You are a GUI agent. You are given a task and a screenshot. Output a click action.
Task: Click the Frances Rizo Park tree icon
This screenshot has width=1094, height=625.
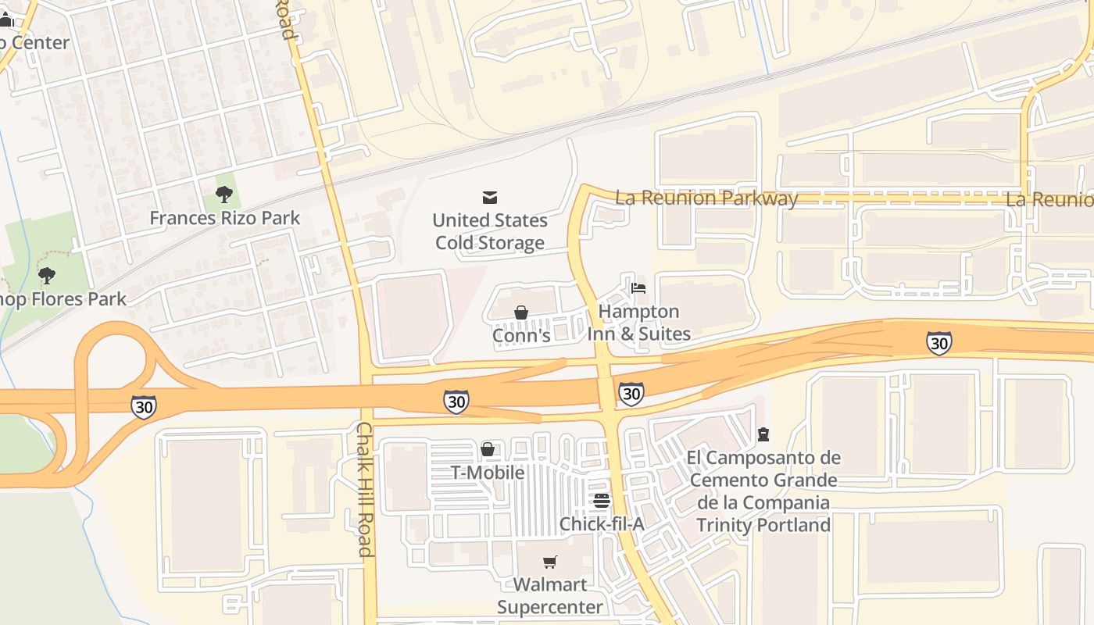tap(224, 194)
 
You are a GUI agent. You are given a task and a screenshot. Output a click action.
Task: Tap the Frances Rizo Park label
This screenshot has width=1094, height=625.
tap(224, 218)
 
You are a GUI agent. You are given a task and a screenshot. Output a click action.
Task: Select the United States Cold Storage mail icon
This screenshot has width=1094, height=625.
tap(490, 198)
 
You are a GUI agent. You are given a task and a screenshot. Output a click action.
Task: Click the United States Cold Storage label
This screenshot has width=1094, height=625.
tap(490, 231)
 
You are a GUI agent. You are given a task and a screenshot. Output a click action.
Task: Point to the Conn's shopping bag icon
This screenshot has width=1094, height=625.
tap(521, 312)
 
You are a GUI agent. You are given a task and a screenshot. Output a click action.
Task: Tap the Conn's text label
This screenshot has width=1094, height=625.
tap(521, 336)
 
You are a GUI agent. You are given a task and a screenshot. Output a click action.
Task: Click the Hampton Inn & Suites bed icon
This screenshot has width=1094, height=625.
tap(638, 287)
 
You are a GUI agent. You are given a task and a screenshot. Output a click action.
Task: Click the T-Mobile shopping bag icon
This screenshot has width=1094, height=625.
tap(488, 449)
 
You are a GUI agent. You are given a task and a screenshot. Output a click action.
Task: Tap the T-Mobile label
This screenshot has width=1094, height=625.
tap(488, 473)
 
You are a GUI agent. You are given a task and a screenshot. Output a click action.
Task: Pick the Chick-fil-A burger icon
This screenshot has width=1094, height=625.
tap(601, 500)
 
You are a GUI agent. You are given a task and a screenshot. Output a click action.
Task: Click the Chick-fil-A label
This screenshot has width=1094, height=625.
tap(601, 523)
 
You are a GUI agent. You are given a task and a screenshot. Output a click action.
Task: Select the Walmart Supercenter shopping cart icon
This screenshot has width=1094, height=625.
tap(550, 562)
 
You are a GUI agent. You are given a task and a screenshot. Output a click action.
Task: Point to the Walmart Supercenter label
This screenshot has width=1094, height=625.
tap(550, 595)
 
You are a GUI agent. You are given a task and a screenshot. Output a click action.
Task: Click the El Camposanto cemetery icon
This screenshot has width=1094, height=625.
tap(763, 434)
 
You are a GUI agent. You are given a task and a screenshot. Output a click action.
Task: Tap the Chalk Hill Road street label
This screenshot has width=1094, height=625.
tap(365, 490)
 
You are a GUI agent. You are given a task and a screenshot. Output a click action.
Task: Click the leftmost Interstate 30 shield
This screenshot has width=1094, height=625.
tap(143, 406)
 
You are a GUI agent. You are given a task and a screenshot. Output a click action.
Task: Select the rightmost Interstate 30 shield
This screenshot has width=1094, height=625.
tap(938, 343)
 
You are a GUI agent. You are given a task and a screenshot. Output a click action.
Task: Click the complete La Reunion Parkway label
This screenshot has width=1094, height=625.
tap(706, 198)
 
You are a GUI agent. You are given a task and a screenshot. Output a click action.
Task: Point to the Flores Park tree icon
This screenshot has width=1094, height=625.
tap(47, 275)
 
